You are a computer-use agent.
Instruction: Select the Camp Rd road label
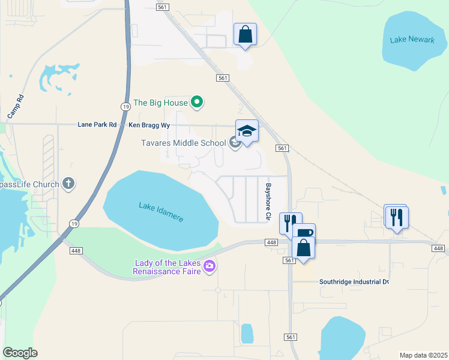click(15, 106)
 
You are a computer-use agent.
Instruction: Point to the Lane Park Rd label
click(97, 125)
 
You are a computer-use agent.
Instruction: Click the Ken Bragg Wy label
click(149, 125)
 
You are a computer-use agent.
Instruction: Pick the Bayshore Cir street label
click(268, 201)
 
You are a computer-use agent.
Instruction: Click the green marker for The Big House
click(197, 103)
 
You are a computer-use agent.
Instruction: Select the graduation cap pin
click(247, 130)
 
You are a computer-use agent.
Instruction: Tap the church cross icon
click(68, 184)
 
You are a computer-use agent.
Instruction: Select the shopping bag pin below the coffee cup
click(304, 248)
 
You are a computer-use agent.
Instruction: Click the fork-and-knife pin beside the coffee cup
click(289, 223)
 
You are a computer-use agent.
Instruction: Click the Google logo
click(20, 352)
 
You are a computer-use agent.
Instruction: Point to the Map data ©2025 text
click(423, 355)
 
